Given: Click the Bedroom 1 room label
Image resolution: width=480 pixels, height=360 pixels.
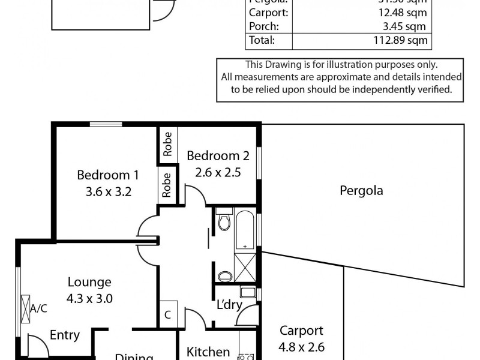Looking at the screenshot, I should tap(108, 175).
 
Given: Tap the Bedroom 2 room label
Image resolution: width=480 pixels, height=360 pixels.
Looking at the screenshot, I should tap(218, 156).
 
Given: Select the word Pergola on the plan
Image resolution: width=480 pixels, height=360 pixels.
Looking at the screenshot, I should tap(361, 191).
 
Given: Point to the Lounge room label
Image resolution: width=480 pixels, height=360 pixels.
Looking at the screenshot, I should tap(89, 282).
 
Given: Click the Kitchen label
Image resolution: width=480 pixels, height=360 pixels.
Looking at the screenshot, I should tap(208, 352).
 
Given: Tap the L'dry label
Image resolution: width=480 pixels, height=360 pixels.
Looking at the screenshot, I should tap(229, 305).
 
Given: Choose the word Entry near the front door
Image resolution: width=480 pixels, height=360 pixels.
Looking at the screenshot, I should tap(65, 335).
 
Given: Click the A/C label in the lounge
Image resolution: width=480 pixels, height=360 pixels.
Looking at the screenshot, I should tap(38, 309).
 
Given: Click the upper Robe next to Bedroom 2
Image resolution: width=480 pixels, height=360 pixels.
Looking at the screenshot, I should tap(167, 143).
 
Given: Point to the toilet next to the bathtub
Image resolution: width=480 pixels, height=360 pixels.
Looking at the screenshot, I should tap(224, 221).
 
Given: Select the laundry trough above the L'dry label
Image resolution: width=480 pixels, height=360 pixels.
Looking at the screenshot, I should tap(247, 293).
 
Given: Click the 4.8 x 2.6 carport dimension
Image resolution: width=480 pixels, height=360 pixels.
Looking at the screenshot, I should tap(301, 346).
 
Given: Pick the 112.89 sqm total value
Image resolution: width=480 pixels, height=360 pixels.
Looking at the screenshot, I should tap(403, 41).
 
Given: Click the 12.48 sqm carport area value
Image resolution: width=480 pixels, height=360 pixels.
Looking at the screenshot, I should tap(404, 12).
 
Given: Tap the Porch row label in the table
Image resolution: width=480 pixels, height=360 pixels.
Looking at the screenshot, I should tap(261, 26).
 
